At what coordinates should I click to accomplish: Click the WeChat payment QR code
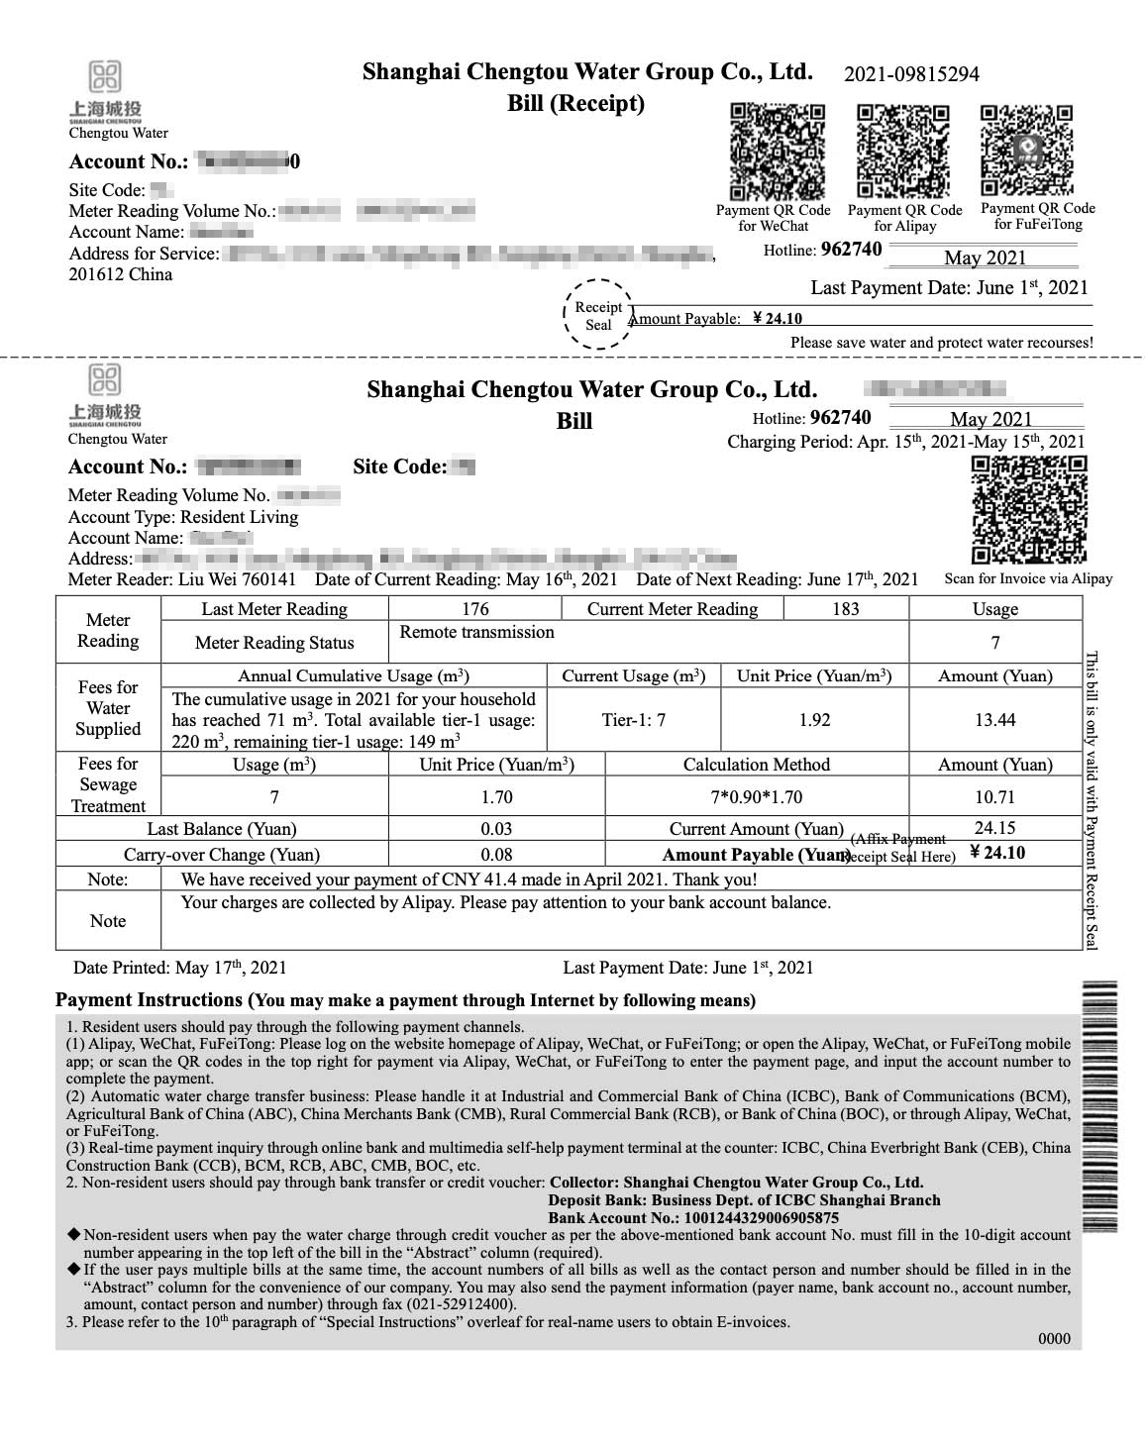click(x=778, y=152)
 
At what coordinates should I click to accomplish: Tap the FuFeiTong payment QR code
click(x=1026, y=151)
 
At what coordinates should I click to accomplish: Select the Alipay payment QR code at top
click(x=902, y=152)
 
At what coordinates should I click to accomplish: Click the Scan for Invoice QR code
click(x=1029, y=510)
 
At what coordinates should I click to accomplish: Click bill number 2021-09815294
click(x=911, y=74)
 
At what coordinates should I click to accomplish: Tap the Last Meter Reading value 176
click(x=475, y=609)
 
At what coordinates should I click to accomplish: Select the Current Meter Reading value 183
click(x=845, y=609)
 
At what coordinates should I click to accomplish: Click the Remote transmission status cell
click(x=477, y=633)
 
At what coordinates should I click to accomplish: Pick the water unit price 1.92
click(x=814, y=720)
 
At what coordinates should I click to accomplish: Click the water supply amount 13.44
click(x=994, y=720)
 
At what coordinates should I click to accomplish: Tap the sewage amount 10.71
click(x=994, y=797)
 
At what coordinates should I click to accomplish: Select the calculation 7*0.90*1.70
click(x=757, y=797)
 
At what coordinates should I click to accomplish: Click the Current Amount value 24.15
click(x=994, y=828)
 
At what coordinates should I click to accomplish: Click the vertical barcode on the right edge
click(x=1100, y=1104)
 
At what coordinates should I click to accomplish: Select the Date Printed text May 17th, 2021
click(x=230, y=968)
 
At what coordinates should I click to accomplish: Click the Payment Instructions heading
click(x=150, y=1000)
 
